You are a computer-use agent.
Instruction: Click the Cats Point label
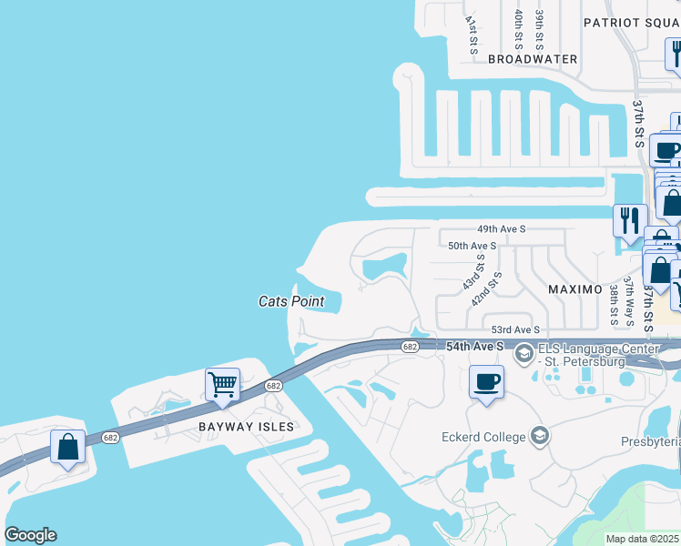[x=291, y=300]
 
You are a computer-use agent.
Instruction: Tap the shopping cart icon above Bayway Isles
[x=222, y=384]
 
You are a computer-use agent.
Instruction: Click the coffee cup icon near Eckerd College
[x=486, y=380]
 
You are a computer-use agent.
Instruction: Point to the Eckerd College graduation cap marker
[x=540, y=436]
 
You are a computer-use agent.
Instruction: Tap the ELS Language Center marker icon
[x=523, y=353]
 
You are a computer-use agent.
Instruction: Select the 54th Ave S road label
[x=475, y=347]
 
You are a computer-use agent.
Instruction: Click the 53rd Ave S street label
[x=516, y=329]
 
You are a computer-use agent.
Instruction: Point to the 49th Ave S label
[x=502, y=230]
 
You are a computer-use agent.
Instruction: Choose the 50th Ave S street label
[x=472, y=246]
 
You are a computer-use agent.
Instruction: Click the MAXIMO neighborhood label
[x=574, y=289]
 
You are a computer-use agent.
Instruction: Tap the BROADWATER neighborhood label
[x=533, y=59]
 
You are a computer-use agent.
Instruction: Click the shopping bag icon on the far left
[x=67, y=447]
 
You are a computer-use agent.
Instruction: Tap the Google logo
[x=30, y=535]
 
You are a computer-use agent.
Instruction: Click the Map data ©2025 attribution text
[x=642, y=539]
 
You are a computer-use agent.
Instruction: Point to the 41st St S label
[x=471, y=34]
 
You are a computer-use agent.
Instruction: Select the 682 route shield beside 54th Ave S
[x=410, y=346]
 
